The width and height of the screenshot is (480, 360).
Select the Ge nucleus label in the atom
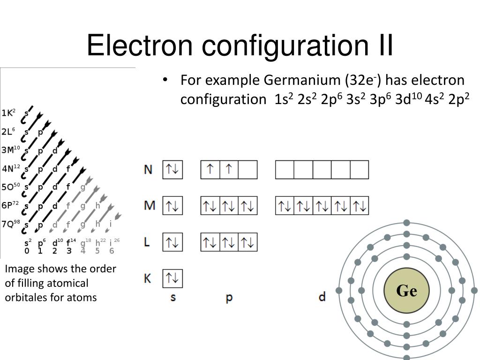[x=406, y=291]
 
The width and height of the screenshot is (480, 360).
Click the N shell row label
[x=148, y=170]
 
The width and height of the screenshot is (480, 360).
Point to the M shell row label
[x=149, y=206]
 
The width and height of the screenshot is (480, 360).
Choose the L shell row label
[x=147, y=242]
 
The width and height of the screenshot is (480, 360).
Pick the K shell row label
[x=148, y=278]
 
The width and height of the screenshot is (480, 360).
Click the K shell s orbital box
[x=172, y=278]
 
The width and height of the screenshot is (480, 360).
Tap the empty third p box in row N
[x=248, y=170]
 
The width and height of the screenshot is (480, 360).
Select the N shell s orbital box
[x=172, y=170]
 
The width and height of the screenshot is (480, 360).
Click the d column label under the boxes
[x=322, y=297]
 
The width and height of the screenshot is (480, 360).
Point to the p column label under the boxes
[x=229, y=297]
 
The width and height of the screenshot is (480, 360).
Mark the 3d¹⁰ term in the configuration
[x=409, y=99]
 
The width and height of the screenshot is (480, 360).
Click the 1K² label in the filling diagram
[x=8, y=113]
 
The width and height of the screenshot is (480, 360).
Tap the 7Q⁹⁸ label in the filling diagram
[x=11, y=224]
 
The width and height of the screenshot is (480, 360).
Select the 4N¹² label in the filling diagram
[x=11, y=168]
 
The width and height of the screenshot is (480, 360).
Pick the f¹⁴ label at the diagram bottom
[x=71, y=242]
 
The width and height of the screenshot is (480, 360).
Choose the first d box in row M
[x=285, y=206]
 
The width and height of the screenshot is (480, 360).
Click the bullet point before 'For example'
[x=165, y=80]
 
